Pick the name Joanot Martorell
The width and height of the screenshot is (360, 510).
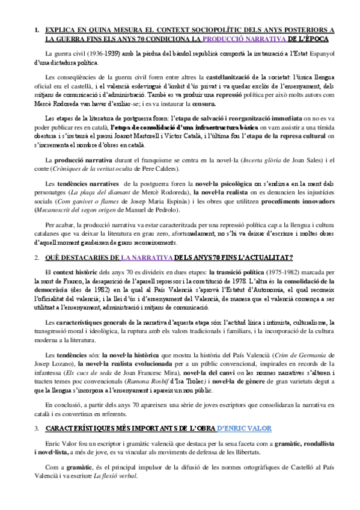pyautogui.click(x=180, y=136)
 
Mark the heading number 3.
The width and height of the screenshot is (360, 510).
pyautogui.click(x=37, y=428)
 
